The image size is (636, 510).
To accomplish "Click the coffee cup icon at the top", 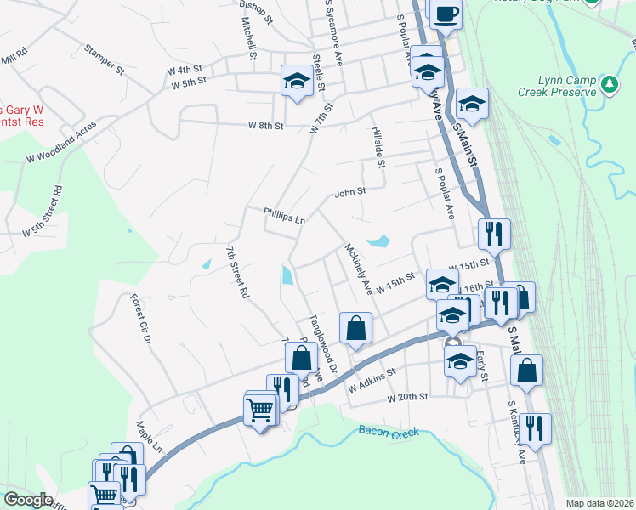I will point(447,14).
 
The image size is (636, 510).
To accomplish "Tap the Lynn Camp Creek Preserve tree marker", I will point(609,84).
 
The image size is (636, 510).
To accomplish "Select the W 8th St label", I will point(265,126).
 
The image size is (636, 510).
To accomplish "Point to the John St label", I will point(349,192).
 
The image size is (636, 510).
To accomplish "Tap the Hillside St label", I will point(379,147).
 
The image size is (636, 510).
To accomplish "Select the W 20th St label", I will point(407,398).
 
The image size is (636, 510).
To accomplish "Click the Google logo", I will point(28,500).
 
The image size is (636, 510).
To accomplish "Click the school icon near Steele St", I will point(296,81).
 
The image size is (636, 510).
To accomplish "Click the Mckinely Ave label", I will point(359,270).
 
